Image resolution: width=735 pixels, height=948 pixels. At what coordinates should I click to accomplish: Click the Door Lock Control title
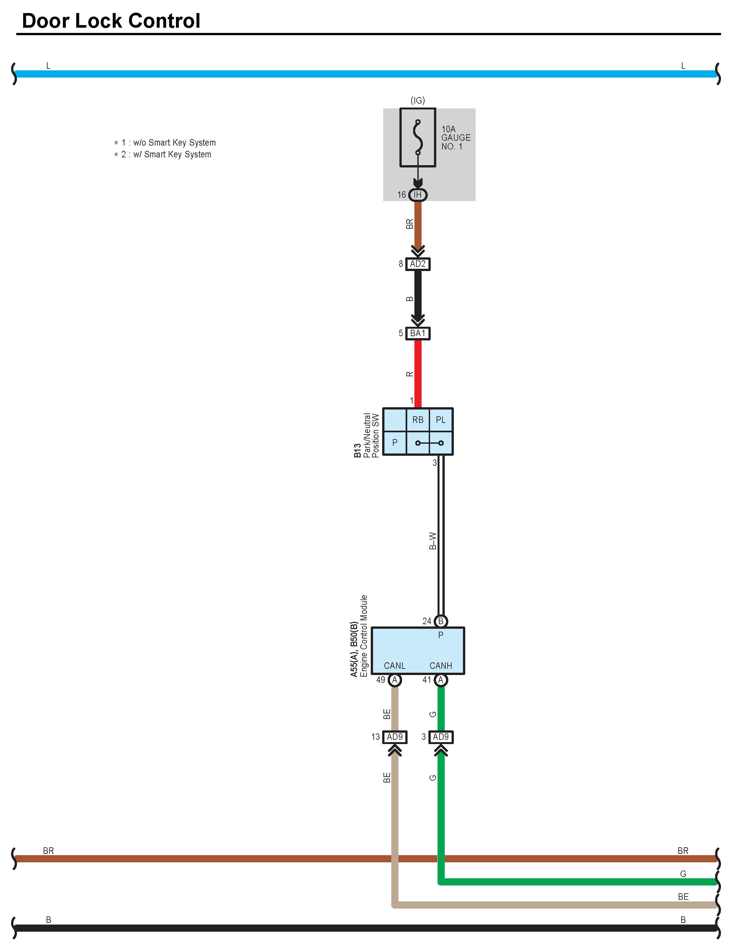tap(111, 21)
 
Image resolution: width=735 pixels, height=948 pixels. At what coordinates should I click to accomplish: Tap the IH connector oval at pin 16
tap(418, 195)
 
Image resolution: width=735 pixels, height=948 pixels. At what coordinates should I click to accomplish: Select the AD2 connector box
tap(418, 264)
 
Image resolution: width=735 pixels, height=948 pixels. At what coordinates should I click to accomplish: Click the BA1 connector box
tap(418, 333)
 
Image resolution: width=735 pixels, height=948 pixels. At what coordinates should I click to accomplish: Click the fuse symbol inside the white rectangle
tap(418, 137)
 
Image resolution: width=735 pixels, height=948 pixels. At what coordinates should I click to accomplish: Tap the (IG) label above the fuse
tap(418, 100)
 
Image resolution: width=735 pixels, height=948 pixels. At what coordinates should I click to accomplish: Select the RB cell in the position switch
tap(418, 420)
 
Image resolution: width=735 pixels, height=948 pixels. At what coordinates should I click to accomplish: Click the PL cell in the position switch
tap(441, 420)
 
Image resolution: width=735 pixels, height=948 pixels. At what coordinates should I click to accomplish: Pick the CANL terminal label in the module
tap(394, 666)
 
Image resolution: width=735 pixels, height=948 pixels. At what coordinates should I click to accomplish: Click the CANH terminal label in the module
tap(441, 666)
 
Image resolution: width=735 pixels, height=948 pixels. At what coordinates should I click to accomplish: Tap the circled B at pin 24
tap(441, 621)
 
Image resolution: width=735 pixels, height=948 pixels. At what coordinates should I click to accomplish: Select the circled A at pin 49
tap(394, 680)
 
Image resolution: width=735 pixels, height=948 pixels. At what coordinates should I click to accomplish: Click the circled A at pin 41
tap(441, 680)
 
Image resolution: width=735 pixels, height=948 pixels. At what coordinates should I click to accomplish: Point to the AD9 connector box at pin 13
tap(395, 737)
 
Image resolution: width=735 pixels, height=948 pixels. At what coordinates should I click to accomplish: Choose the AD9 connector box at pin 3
tap(441, 737)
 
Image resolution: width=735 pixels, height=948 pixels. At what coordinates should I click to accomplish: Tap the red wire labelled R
tap(418, 374)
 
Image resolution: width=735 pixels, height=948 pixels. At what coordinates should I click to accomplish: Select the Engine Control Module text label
tap(364, 636)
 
